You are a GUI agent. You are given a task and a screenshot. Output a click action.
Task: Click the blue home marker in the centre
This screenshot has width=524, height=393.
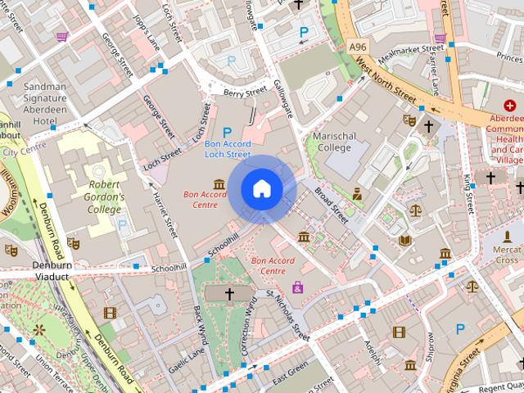click(x=261, y=189)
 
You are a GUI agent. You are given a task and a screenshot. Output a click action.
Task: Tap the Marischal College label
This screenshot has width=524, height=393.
click(x=332, y=142)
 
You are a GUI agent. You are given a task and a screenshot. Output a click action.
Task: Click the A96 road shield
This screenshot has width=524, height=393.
click(x=357, y=47)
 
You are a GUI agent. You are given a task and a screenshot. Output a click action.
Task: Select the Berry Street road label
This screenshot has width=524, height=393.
click(x=245, y=92)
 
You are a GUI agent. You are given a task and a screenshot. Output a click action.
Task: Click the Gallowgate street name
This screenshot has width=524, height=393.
click(x=283, y=100)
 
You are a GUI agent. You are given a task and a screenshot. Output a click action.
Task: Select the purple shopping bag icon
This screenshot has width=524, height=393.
click(x=297, y=287)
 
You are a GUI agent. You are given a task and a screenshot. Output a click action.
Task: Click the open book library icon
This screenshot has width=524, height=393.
click(x=405, y=241)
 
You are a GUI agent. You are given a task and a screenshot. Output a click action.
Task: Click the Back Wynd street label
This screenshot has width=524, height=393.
click(x=200, y=327)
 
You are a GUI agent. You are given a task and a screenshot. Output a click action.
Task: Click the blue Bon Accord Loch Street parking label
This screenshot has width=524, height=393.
click(x=227, y=148)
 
